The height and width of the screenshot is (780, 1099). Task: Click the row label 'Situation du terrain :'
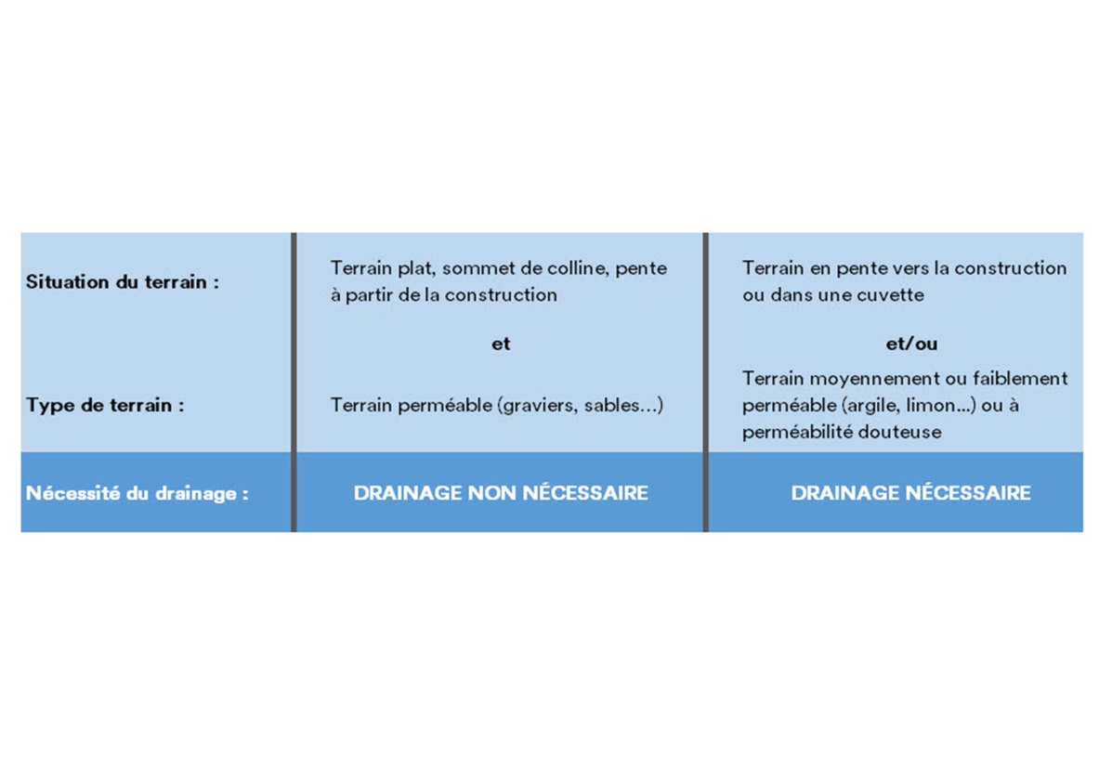[x=123, y=281]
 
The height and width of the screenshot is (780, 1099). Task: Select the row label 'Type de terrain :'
[x=105, y=405]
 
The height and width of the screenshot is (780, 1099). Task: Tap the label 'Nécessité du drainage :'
[x=137, y=493]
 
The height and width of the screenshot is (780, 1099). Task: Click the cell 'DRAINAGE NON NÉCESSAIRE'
[x=501, y=493]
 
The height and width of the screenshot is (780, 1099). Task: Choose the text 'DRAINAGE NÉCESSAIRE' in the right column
[x=911, y=493]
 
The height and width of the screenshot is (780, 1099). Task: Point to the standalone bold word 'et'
[x=501, y=344]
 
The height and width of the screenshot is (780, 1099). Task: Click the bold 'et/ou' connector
[x=911, y=344]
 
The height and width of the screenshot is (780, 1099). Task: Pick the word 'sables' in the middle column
[x=610, y=405]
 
